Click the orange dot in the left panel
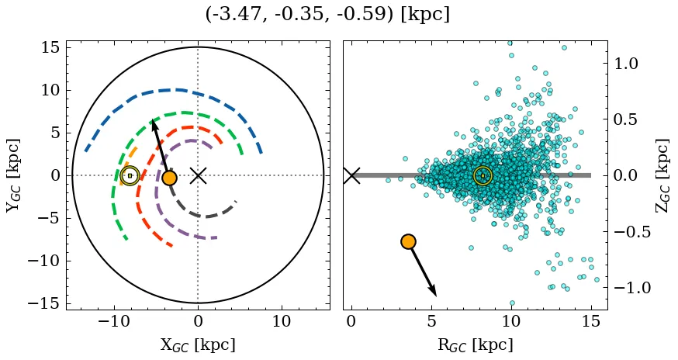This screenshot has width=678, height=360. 169,178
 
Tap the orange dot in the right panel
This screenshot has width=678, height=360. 408,241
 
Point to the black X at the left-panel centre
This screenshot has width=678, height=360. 198,175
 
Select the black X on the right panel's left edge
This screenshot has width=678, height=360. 351,175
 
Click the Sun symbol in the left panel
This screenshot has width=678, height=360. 130,176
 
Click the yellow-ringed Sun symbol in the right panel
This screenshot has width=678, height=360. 483,176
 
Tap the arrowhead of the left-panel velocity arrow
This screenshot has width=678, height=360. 154,123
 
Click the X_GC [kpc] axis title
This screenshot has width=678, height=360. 198,344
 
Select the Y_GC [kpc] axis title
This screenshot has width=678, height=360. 13,175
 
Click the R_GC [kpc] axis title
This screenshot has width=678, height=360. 475,344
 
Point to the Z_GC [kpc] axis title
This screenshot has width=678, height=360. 661,175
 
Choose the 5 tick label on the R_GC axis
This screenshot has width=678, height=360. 431,322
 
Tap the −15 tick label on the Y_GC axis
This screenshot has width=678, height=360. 43,303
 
